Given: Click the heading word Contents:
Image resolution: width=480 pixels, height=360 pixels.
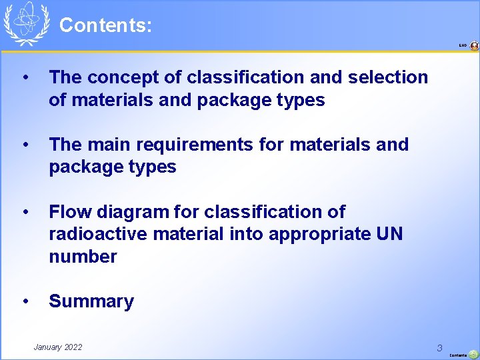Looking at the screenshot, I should point(105,26).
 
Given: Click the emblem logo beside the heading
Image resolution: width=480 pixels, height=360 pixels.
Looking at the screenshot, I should point(27,24).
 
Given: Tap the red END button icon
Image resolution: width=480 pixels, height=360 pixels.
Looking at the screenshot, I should point(474,46).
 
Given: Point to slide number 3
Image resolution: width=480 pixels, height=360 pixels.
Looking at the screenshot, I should point(439,347).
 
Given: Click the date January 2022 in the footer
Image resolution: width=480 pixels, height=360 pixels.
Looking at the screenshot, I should point(58,347).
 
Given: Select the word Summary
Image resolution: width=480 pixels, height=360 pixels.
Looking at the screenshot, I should point(91,301).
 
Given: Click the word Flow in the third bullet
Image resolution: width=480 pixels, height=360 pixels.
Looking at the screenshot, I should point(69,212).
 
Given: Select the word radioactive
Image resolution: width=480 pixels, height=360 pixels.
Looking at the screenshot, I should point(98,234).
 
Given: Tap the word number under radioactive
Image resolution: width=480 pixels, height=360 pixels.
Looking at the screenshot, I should point(83,257).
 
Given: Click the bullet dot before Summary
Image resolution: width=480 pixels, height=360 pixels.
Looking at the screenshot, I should point(25,301).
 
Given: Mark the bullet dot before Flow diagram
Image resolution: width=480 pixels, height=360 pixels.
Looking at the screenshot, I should point(25,212).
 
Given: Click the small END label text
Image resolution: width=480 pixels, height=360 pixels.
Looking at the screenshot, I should point(463,45).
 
